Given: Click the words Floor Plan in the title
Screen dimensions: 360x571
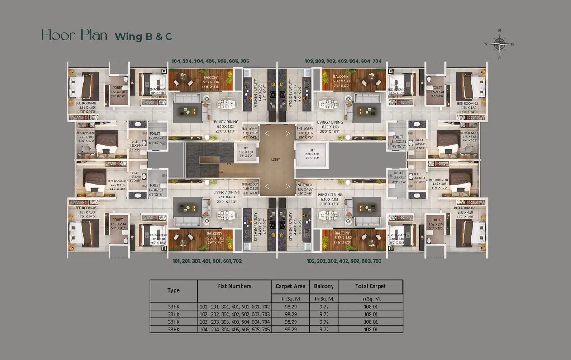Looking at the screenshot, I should click(x=74, y=35).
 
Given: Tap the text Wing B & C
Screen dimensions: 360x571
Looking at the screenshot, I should click(x=143, y=37).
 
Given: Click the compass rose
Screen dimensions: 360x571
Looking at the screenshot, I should click(x=500, y=44).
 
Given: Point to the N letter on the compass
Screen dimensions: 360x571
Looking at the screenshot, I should click(x=500, y=31).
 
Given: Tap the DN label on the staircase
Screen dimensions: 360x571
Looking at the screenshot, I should click(x=229, y=164).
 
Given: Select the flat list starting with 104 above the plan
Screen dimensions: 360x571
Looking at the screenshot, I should click(x=210, y=61).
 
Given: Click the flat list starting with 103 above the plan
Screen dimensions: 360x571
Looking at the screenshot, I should click(x=343, y=61).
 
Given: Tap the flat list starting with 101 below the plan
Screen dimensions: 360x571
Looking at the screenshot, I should click(x=207, y=261).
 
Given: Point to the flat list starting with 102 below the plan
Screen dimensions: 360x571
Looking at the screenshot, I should click(x=344, y=261).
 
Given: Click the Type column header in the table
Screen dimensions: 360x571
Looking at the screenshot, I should click(x=173, y=290).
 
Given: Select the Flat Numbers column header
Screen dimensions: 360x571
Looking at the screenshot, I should click(x=234, y=286).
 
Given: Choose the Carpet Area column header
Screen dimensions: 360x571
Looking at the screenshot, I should click(x=290, y=286).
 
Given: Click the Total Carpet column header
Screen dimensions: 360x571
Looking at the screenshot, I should click(x=370, y=286).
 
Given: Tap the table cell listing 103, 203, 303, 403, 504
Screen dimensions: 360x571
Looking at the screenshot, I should click(x=234, y=322).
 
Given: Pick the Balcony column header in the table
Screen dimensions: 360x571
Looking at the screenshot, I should click(x=324, y=286).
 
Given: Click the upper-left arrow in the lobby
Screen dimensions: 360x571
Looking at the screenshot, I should click(x=267, y=133).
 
